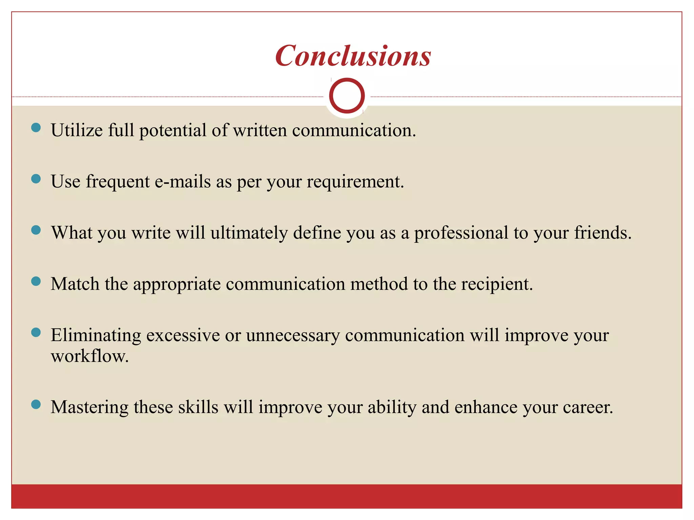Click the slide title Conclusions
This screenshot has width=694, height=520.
[x=353, y=56]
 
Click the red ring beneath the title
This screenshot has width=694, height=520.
[x=347, y=96]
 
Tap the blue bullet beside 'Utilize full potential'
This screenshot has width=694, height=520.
[x=36, y=128]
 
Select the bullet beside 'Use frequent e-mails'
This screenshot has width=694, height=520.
[x=36, y=179]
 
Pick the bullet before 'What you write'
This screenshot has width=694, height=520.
[x=36, y=230]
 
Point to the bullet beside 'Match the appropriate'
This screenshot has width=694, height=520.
[x=36, y=281]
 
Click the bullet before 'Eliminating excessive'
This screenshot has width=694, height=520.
[x=36, y=332]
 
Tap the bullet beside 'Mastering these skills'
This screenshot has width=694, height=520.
[x=36, y=404]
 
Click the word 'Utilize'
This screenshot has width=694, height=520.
[x=77, y=130]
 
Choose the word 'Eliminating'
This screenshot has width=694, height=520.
[x=96, y=335]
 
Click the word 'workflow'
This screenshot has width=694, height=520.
[x=89, y=356]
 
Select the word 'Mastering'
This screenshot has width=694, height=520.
[x=89, y=407]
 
